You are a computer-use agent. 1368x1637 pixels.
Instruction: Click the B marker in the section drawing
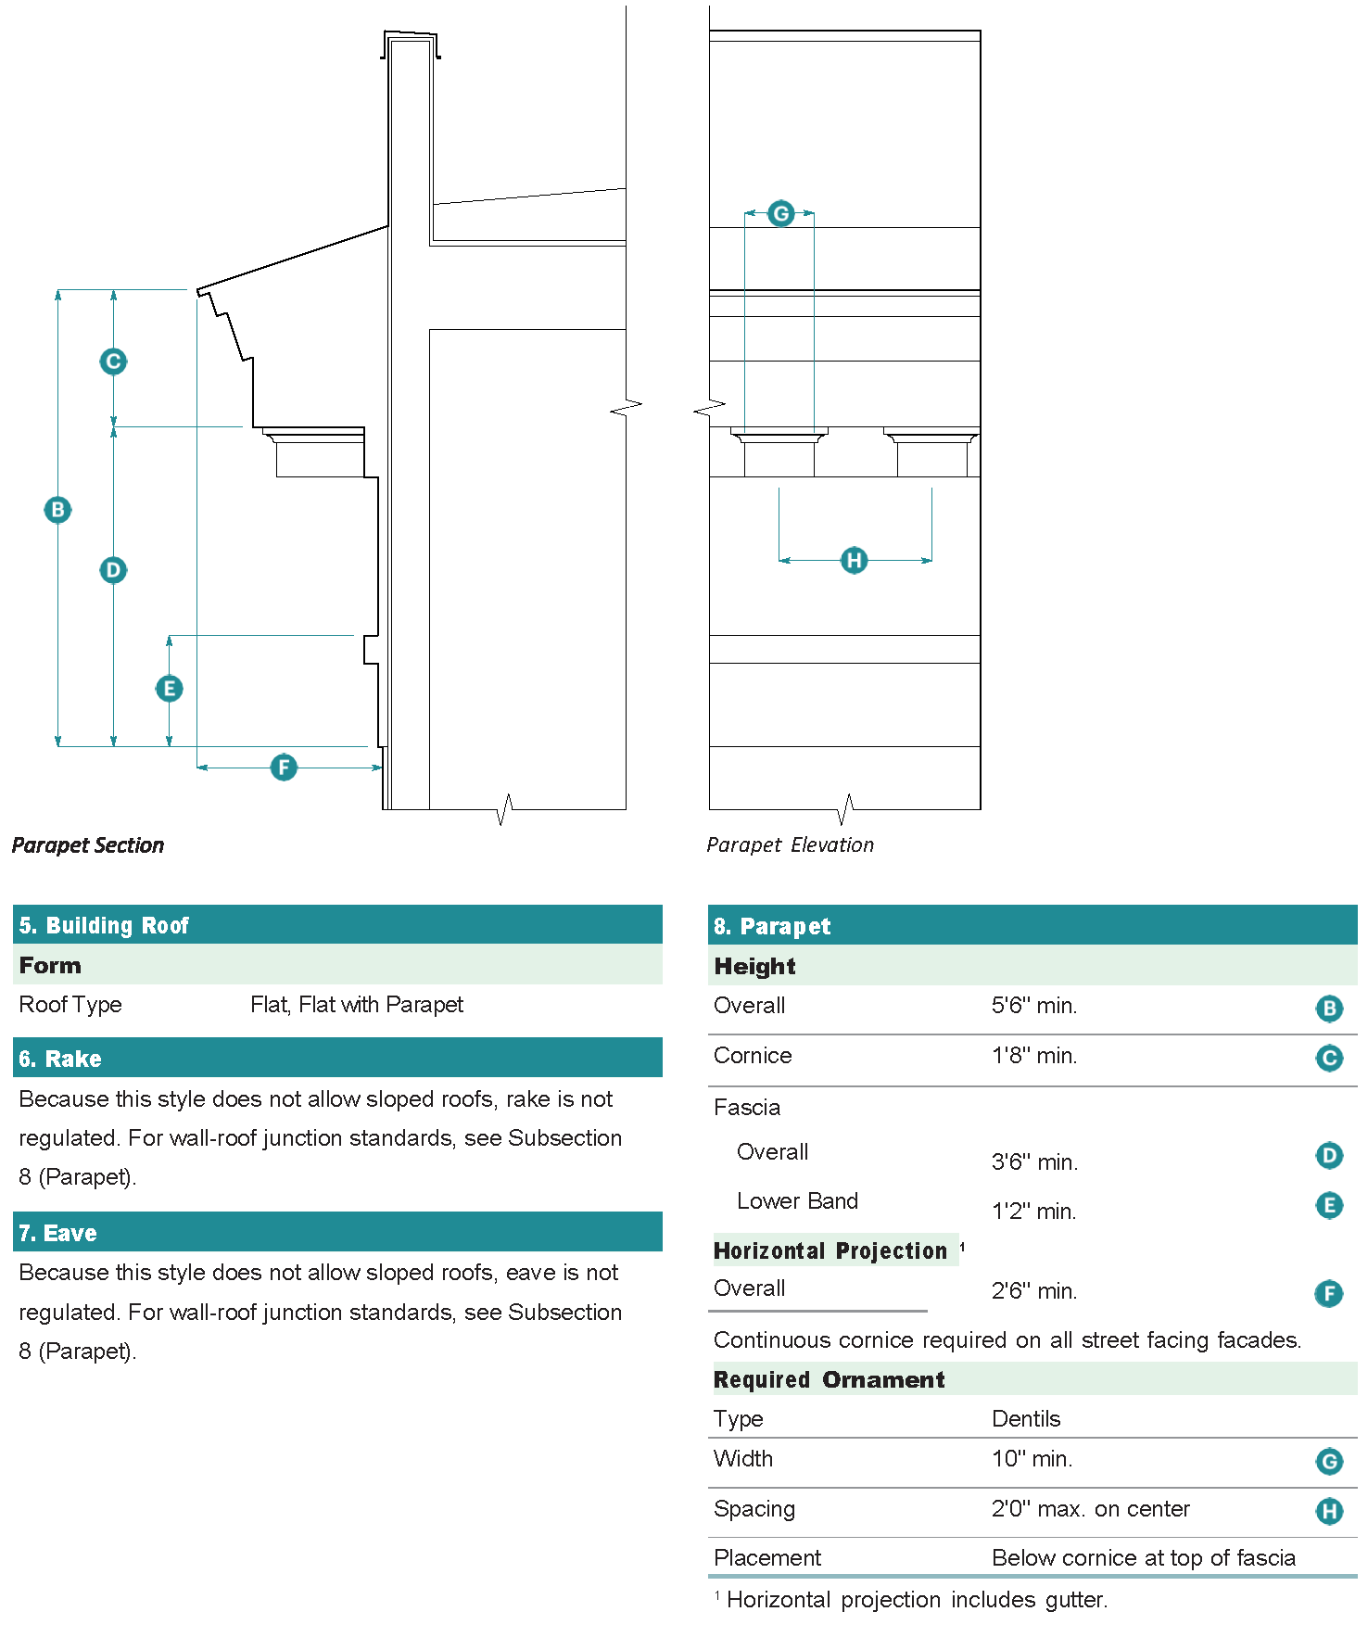pyautogui.click(x=58, y=510)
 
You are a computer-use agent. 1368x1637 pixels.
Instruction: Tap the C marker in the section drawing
pyautogui.click(x=113, y=362)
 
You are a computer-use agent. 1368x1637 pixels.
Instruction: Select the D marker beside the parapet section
pyautogui.click(x=113, y=570)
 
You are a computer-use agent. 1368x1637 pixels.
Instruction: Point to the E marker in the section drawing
pyautogui.click(x=169, y=689)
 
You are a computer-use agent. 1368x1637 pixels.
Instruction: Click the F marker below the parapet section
pyautogui.click(x=284, y=768)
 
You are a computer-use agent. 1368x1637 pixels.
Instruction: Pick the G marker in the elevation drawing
pyautogui.click(x=781, y=214)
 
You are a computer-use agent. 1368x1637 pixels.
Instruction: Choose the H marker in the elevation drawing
pyautogui.click(x=854, y=560)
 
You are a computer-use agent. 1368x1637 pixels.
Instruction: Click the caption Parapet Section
pyautogui.click(x=88, y=845)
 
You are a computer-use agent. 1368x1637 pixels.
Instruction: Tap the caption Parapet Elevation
pyautogui.click(x=790, y=845)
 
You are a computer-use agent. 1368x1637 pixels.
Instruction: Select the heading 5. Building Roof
pyautogui.click(x=104, y=926)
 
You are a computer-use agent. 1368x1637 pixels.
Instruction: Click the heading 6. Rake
pyautogui.click(x=60, y=1059)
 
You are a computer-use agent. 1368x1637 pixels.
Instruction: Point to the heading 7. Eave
pyautogui.click(x=57, y=1233)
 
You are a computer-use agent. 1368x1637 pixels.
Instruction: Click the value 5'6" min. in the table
pyautogui.click(x=1034, y=1006)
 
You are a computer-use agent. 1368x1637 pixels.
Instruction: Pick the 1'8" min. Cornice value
pyautogui.click(x=1034, y=1056)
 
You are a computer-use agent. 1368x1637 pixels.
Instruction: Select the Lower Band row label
pyautogui.click(x=797, y=1201)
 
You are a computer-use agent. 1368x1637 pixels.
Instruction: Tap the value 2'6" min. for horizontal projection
pyautogui.click(x=1034, y=1291)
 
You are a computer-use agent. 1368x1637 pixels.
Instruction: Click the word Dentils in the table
pyautogui.click(x=1026, y=1419)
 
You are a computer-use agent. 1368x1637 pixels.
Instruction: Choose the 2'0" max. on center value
pyautogui.click(x=1091, y=1509)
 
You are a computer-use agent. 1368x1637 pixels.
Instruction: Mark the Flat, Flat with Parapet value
pyautogui.click(x=357, y=1005)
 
